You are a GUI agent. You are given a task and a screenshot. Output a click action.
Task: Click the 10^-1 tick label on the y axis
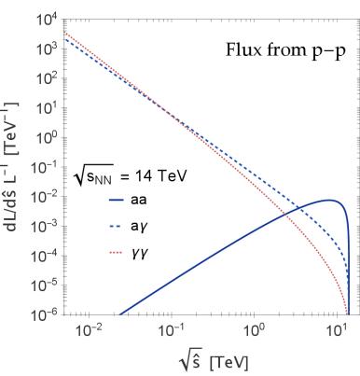(x=43, y=167)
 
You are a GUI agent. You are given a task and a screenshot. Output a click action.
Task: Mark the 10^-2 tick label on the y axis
(x=43, y=197)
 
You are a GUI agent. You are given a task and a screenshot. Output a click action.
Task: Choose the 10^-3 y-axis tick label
(x=43, y=227)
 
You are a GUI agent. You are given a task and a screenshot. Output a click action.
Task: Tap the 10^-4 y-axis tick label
(x=43, y=257)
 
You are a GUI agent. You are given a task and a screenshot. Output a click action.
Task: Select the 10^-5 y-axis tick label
(x=43, y=286)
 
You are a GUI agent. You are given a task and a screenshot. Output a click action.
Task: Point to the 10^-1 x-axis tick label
(x=171, y=330)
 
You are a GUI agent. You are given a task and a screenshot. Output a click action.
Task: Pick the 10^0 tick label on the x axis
(x=254, y=330)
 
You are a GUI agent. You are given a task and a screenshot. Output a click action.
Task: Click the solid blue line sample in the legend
(x=117, y=200)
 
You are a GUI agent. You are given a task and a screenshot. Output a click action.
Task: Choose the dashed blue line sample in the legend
(x=117, y=226)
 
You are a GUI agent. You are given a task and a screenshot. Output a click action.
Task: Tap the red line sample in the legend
(x=117, y=252)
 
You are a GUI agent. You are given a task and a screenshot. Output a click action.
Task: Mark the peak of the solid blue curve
(x=328, y=201)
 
